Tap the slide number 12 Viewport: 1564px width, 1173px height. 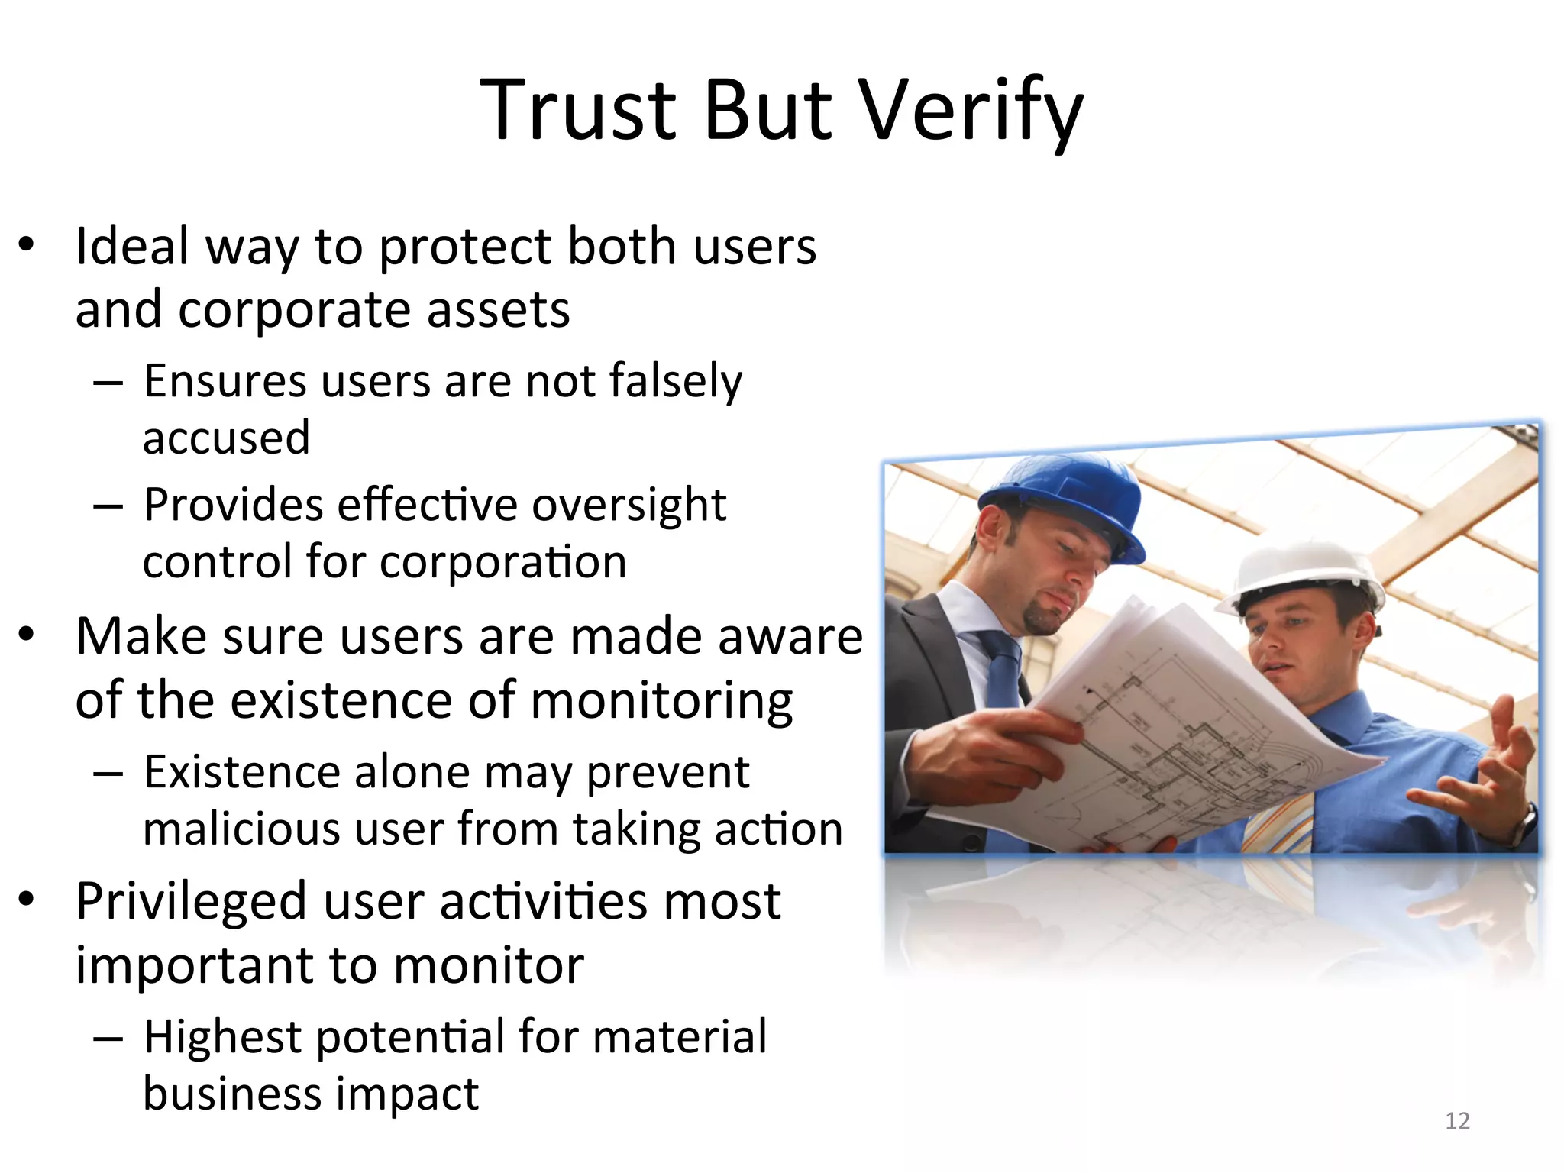(1457, 1120)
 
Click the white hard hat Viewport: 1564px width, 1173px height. (1302, 577)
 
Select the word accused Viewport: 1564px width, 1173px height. (226, 438)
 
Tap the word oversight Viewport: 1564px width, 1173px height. (629, 505)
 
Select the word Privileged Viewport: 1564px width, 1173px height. (192, 902)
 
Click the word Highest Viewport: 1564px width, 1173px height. (222, 1037)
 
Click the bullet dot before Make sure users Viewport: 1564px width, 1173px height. (27, 634)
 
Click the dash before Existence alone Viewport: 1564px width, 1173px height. (108, 774)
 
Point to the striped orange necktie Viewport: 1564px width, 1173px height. (1279, 821)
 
